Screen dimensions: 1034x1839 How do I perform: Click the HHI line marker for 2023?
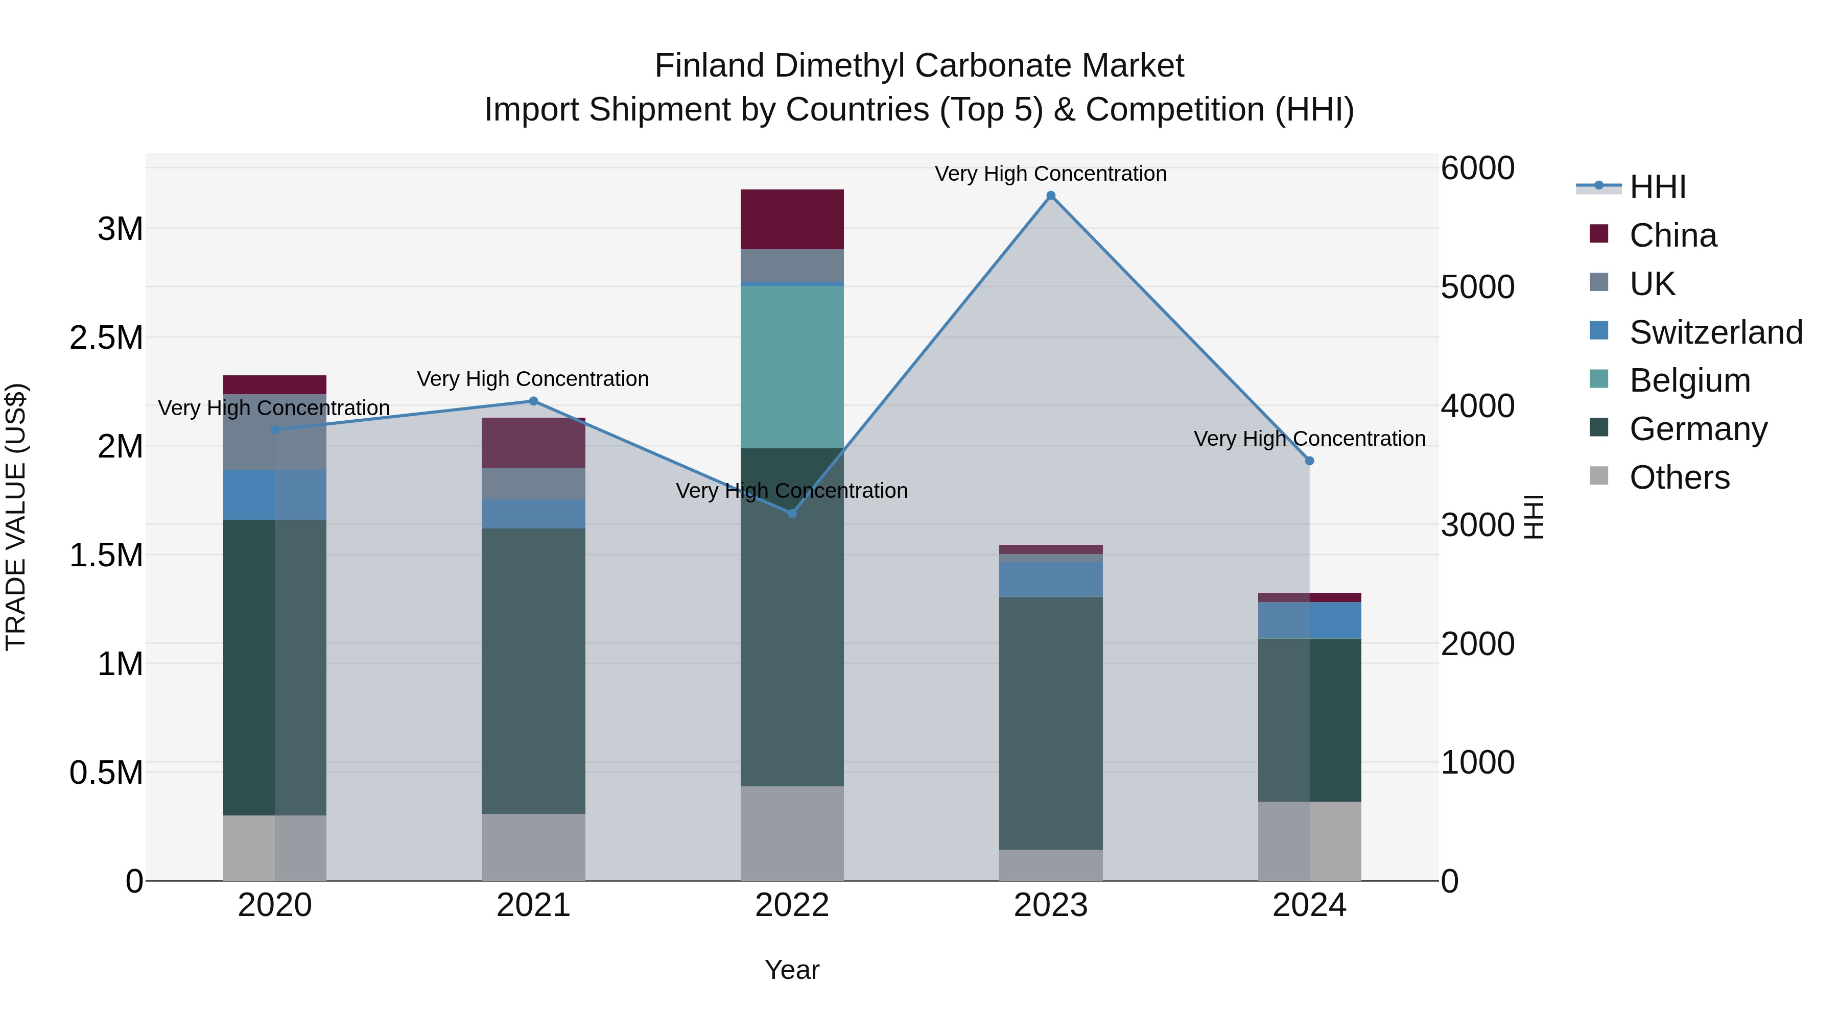1050,196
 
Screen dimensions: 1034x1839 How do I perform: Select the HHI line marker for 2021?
533,401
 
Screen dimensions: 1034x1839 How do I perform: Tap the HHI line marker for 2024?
1309,461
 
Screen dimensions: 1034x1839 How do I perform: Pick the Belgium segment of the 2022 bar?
792,367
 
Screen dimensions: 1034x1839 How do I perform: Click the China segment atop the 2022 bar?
792,219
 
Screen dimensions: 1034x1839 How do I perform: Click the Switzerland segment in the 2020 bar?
275,494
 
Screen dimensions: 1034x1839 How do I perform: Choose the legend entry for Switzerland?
1715,332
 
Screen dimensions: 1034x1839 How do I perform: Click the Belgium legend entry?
1689,380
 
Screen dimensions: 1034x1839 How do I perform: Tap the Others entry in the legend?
1679,477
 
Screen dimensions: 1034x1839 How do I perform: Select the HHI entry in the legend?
1658,187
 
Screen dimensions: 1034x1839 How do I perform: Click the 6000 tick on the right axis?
1477,169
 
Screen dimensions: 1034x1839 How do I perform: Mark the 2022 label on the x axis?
792,905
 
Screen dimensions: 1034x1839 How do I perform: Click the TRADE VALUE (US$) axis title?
16,517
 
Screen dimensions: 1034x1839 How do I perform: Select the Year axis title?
792,970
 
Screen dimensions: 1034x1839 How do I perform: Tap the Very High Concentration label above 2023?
1050,174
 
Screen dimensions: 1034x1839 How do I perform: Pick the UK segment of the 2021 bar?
533,484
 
